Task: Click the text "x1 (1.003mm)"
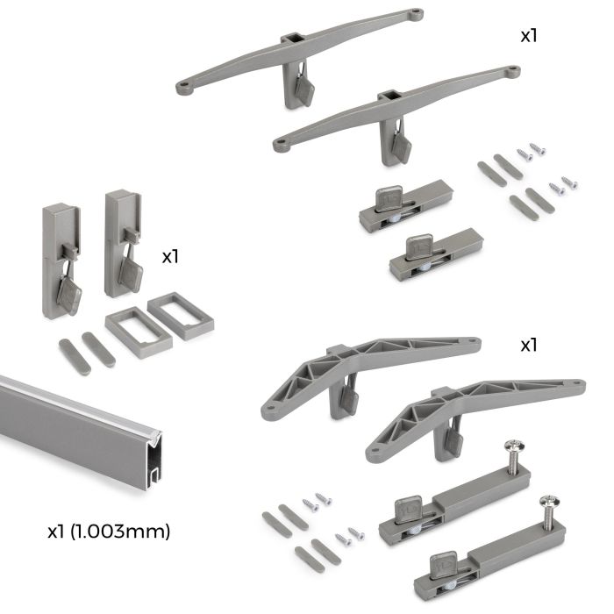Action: pos(108,531)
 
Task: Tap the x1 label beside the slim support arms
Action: pos(529,38)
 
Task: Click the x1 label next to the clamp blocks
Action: pos(172,257)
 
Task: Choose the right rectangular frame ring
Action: pos(181,314)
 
